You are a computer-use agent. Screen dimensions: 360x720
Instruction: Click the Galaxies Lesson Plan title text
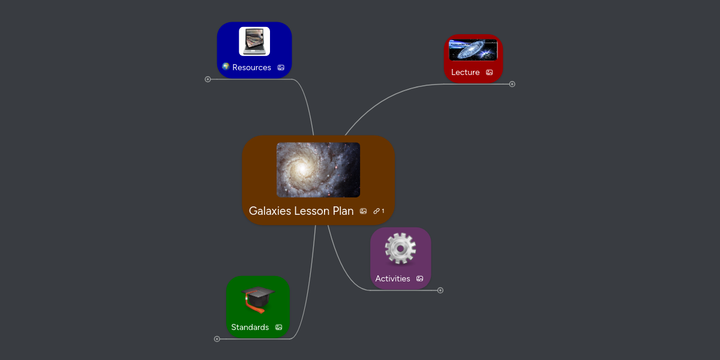coord(301,211)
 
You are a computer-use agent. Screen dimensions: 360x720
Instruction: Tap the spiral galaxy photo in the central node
coord(318,170)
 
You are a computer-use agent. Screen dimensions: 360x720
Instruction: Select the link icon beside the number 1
coord(376,211)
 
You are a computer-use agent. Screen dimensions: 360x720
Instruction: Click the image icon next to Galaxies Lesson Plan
coord(363,211)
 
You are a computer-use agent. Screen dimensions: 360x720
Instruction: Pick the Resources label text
coord(251,67)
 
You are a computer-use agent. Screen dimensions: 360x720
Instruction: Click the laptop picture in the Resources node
coord(254,41)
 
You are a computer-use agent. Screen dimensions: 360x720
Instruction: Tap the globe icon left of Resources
coord(226,67)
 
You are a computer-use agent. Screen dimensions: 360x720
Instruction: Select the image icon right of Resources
coord(281,68)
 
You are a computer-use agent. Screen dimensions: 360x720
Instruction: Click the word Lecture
coord(465,73)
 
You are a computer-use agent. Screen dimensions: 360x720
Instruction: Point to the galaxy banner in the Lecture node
coord(473,50)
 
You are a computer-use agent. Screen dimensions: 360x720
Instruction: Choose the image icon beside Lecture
coord(490,73)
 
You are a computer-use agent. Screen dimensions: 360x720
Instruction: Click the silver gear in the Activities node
coord(400,249)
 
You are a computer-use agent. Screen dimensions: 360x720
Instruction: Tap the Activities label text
coord(392,279)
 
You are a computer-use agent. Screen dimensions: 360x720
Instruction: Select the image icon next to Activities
coord(420,279)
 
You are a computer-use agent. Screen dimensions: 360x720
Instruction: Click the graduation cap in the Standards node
coord(258,299)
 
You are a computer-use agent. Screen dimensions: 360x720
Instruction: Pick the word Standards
coord(250,328)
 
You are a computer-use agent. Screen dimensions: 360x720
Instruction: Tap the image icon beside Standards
coord(278,328)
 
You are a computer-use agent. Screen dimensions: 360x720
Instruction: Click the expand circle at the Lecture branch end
coord(512,84)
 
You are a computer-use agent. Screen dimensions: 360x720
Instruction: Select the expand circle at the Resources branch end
coord(208,79)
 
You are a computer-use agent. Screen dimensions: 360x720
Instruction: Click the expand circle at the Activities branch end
coord(440,290)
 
